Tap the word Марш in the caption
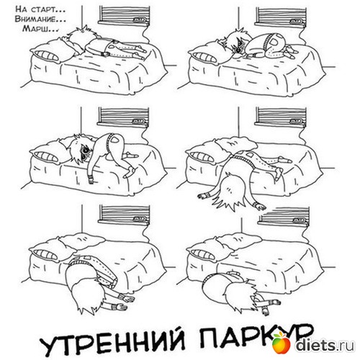coord(36,29)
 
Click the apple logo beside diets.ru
coord(282,342)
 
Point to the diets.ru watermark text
coord(325,346)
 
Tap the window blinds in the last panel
coord(283,215)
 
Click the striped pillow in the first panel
coord(45,55)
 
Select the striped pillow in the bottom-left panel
coord(45,254)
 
